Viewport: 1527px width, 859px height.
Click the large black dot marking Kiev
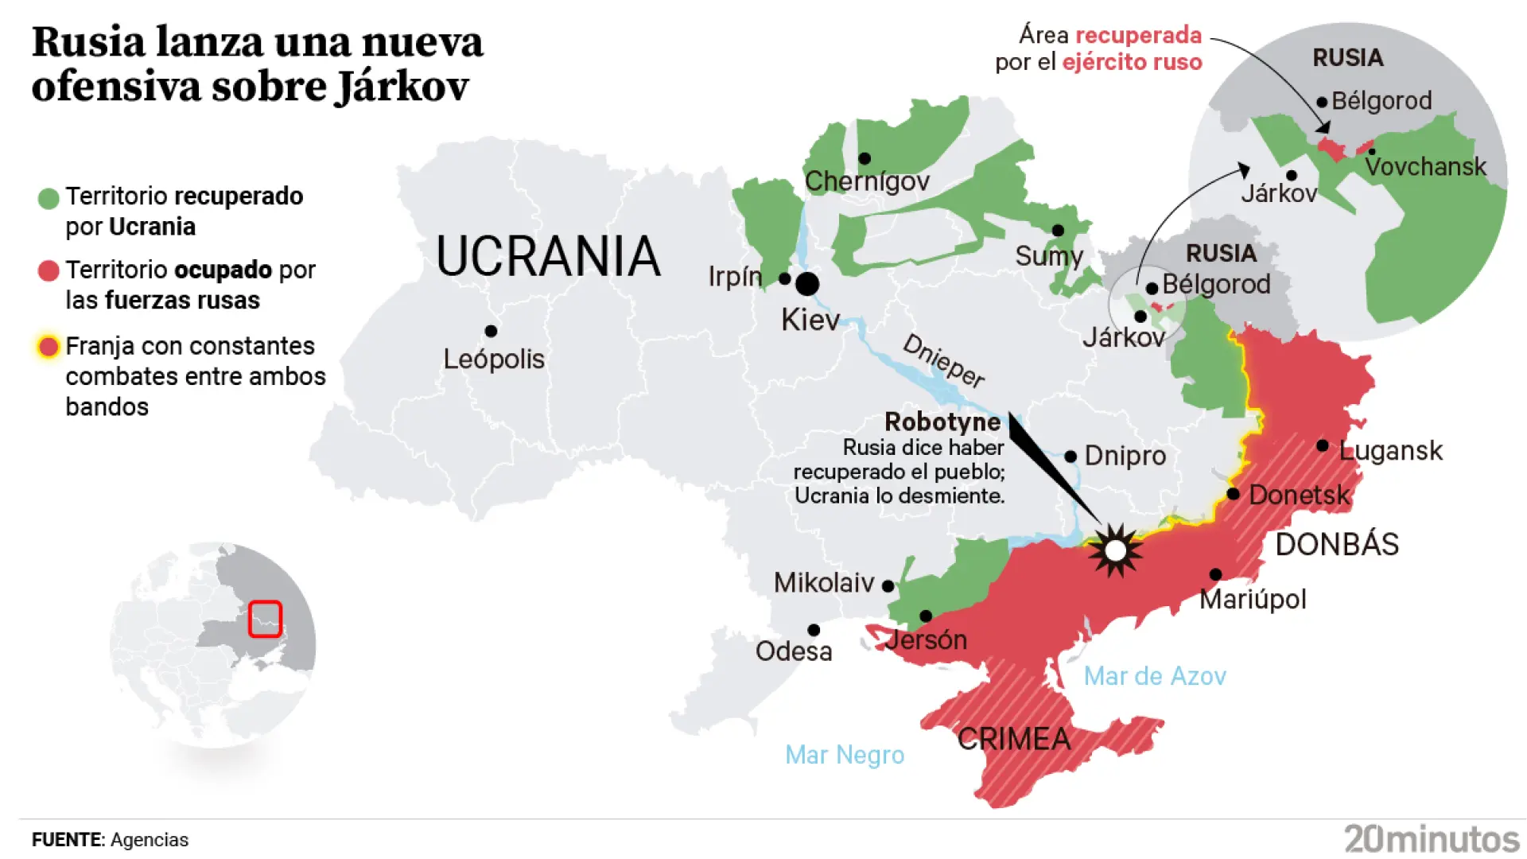click(x=806, y=283)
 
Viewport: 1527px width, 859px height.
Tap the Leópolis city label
click(x=493, y=359)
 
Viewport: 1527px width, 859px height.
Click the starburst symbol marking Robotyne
click(x=1115, y=550)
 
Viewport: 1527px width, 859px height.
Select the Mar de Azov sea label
click(x=1154, y=676)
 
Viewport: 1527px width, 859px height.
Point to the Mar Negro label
click(x=844, y=754)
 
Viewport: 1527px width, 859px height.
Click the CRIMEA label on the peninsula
click(x=1013, y=739)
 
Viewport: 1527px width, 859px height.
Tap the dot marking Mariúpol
click(x=1215, y=574)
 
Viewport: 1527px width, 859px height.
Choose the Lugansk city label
click(x=1389, y=450)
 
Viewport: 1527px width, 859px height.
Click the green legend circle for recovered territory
click(x=49, y=198)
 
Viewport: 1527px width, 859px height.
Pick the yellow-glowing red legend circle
click(x=49, y=347)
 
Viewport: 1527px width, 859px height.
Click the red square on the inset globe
click(x=265, y=619)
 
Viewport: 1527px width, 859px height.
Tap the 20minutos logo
click(x=1431, y=838)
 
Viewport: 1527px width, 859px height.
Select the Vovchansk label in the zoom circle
click(x=1424, y=166)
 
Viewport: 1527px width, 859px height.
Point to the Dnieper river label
click(x=943, y=360)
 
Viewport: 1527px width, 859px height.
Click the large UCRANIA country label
click(x=548, y=256)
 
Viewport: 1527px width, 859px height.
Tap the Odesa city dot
click(x=813, y=630)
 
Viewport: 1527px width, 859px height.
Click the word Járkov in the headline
click(x=402, y=86)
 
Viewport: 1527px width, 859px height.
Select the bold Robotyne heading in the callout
click(x=942, y=422)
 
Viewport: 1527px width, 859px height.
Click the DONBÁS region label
click(x=1336, y=544)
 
